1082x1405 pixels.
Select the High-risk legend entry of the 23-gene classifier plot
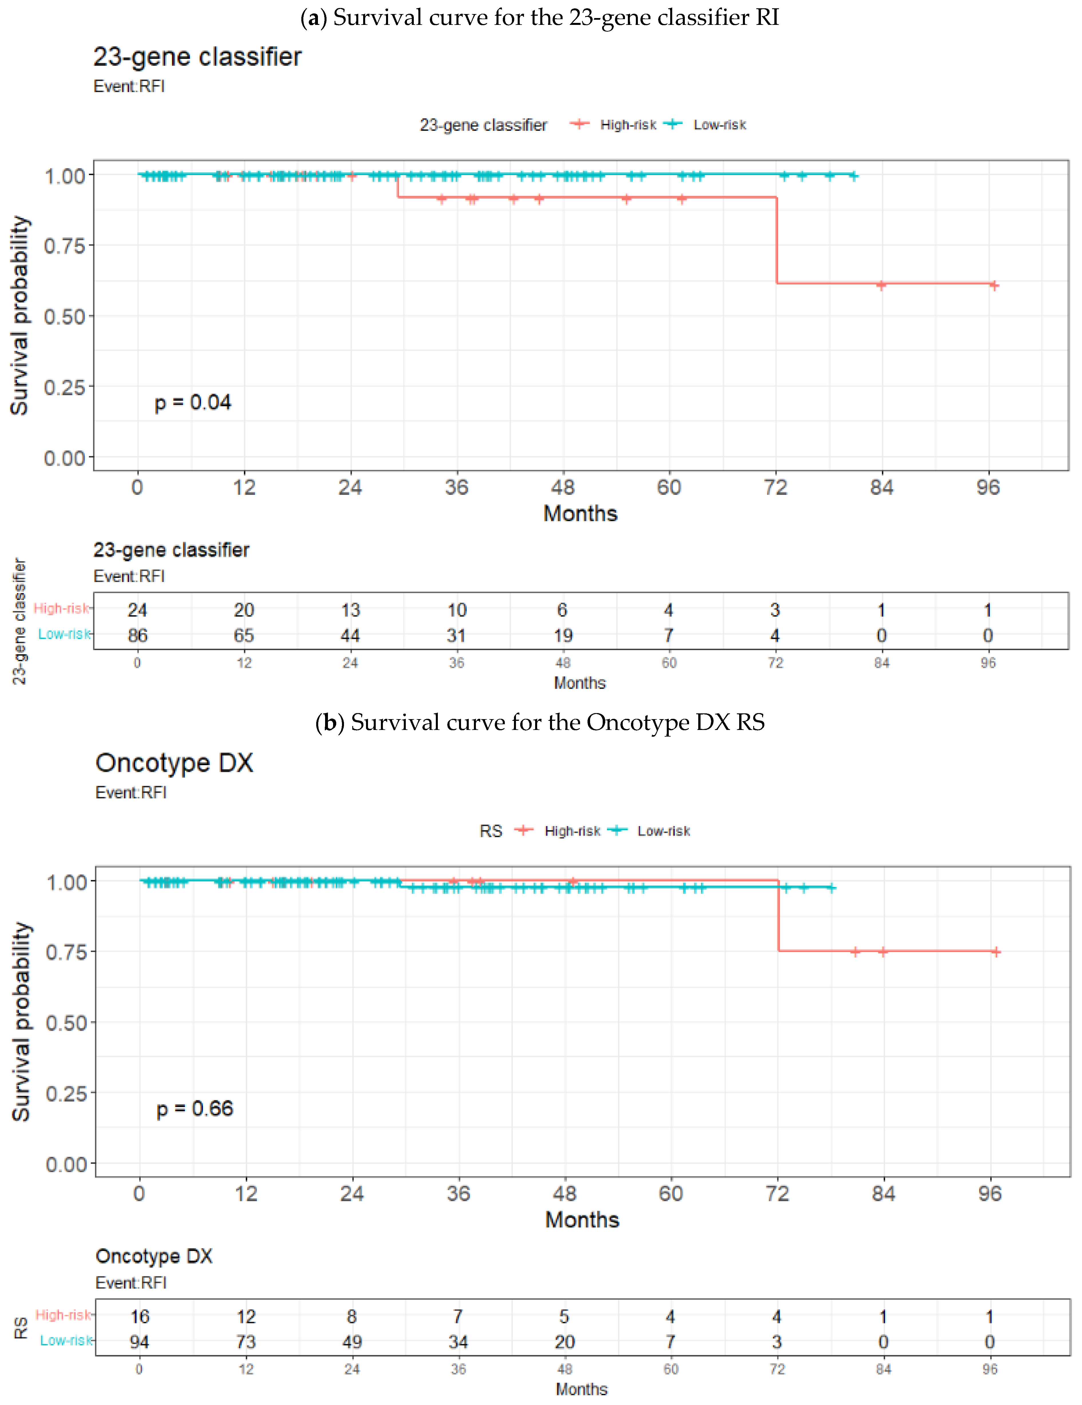627,125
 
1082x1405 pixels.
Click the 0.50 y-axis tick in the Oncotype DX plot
66,1022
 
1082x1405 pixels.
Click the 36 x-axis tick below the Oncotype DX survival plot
458,1194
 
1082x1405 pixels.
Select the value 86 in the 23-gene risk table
137,636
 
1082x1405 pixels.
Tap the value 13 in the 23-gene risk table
350,610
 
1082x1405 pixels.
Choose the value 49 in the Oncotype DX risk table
352,1342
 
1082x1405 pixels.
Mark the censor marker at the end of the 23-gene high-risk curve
994,285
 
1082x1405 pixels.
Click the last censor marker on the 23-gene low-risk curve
853,175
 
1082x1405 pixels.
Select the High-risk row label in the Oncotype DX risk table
63,1315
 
